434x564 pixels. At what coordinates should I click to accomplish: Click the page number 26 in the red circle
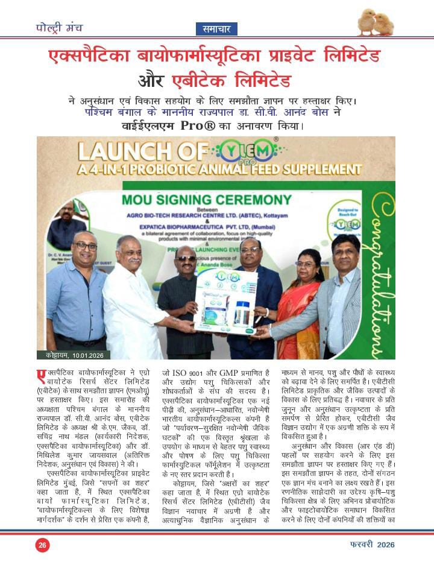click(x=42, y=545)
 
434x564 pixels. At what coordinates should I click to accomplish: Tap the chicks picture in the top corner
click(x=375, y=23)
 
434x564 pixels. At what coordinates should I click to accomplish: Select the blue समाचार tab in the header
click(x=216, y=28)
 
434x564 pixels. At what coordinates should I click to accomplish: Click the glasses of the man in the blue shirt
click(x=86, y=246)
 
